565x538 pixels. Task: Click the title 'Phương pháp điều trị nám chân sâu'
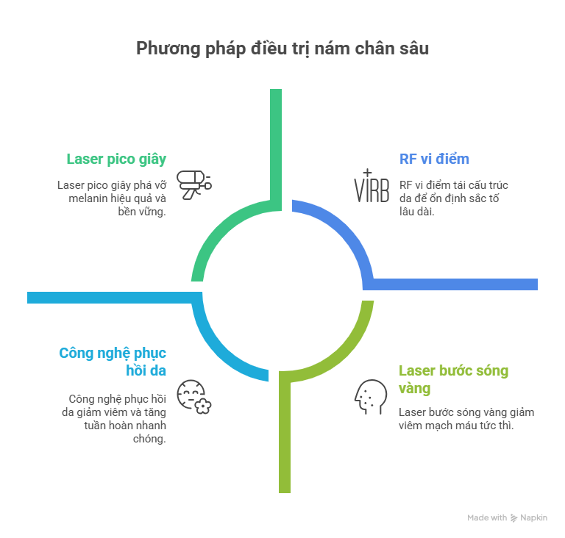[282, 49]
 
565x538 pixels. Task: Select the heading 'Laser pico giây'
[116, 159]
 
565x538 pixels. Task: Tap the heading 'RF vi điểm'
[434, 159]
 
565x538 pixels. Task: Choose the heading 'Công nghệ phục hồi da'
[112, 362]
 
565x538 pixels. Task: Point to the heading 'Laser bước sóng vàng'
[453, 379]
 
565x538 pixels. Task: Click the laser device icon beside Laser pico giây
[194, 184]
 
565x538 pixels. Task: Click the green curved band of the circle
[221, 228]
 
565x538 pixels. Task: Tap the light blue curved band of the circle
[221, 345]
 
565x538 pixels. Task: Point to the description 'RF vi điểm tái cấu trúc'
[452, 198]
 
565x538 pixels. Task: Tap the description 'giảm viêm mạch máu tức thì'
[466, 418]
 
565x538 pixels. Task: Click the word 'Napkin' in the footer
[535, 518]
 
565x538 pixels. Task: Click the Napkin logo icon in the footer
[514, 518]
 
